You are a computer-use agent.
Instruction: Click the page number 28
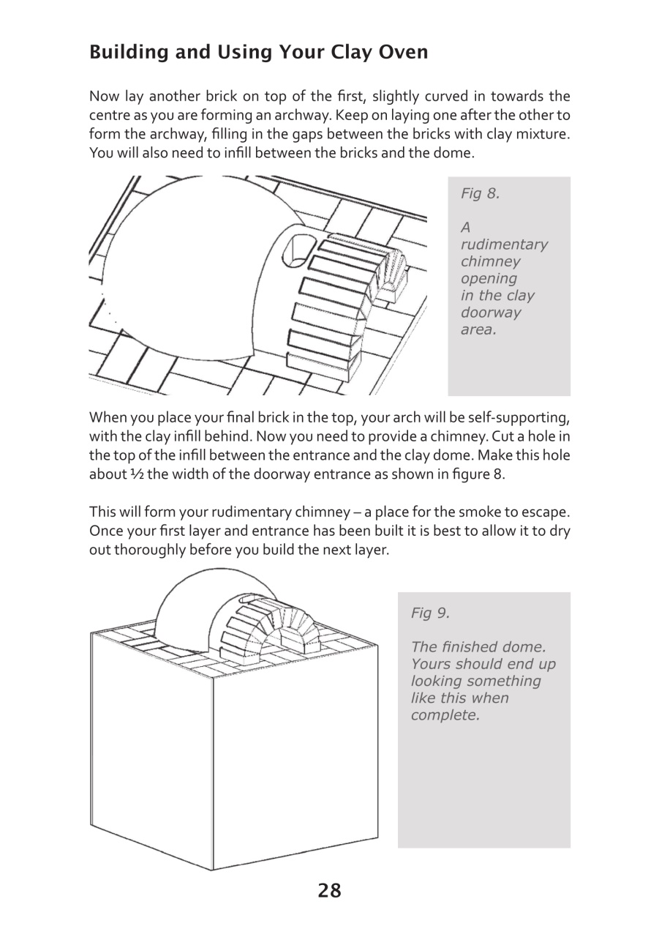click(x=329, y=891)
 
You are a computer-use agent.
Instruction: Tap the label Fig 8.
click(x=480, y=194)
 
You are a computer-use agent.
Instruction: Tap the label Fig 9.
click(x=430, y=613)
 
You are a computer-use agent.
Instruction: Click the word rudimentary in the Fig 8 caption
click(x=503, y=244)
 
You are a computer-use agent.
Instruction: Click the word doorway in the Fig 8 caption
click(x=490, y=313)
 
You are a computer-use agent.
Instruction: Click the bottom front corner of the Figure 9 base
click(x=213, y=870)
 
